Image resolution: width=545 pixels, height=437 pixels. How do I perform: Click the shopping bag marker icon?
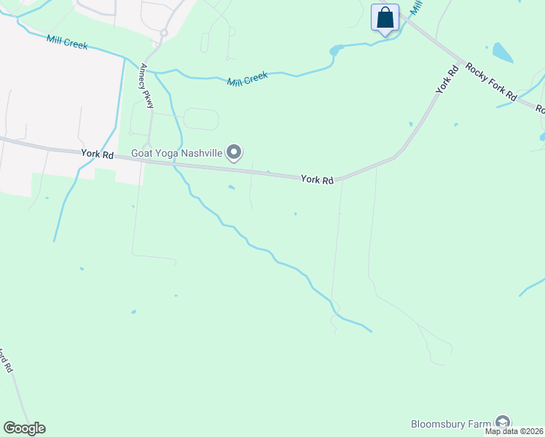click(385, 17)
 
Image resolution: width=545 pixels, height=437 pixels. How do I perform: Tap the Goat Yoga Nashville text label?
click(177, 153)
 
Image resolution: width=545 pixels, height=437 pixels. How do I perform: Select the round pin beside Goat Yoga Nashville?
click(234, 152)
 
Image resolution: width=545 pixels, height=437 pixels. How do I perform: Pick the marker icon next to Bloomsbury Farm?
click(502, 422)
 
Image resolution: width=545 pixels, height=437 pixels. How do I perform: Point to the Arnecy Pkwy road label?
click(146, 86)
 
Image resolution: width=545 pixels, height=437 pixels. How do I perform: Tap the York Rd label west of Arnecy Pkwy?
click(98, 154)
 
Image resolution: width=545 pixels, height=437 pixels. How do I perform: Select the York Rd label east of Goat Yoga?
click(317, 179)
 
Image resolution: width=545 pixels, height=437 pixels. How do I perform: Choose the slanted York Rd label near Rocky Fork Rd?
click(447, 79)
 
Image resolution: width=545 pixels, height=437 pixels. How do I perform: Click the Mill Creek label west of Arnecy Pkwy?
click(66, 43)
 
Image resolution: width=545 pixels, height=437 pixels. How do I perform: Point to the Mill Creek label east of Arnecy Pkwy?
click(248, 78)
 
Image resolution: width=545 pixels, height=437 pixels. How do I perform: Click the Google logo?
click(24, 428)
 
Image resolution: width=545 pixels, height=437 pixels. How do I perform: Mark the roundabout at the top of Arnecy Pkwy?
click(164, 33)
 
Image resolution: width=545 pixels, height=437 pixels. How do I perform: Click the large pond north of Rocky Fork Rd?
click(503, 52)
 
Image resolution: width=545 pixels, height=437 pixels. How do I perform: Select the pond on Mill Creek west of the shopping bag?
click(336, 50)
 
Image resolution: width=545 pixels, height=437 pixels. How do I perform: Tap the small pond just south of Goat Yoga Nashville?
click(231, 187)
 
